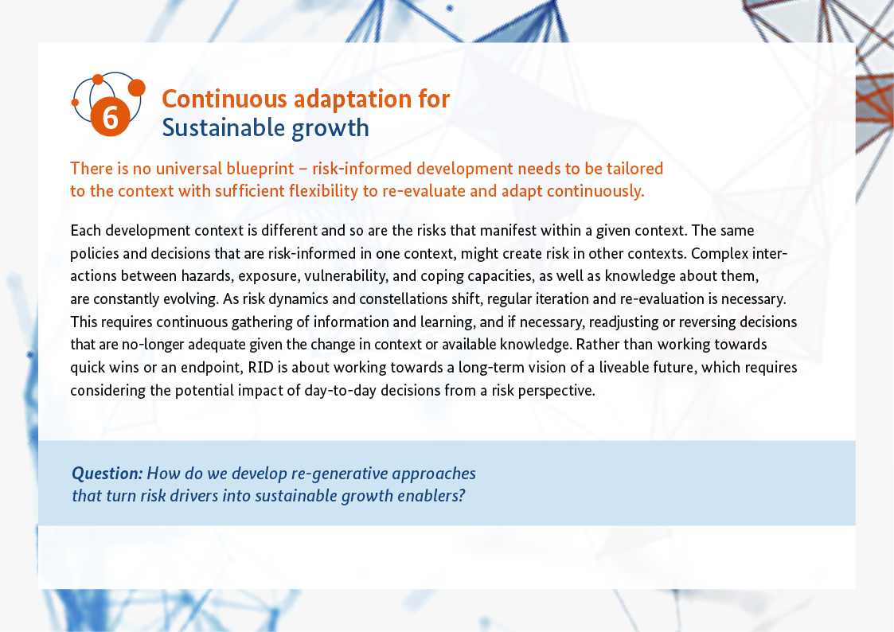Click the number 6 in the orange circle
click(111, 117)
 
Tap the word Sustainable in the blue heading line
click(224, 127)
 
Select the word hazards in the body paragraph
click(207, 276)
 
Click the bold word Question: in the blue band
click(107, 474)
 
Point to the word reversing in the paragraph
click(707, 322)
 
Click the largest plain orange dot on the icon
click(136, 88)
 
